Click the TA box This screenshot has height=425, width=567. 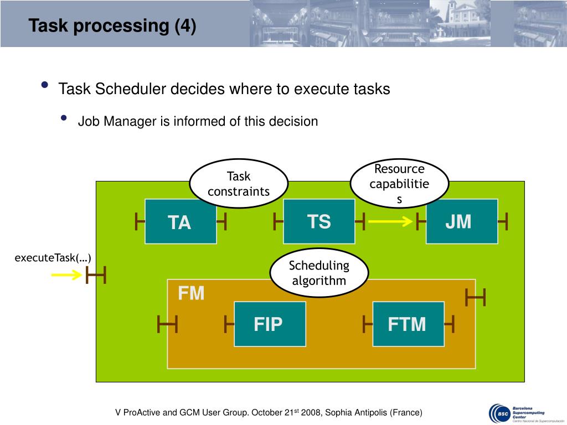click(181, 221)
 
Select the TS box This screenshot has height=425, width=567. click(319, 221)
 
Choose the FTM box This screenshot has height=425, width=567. click(408, 324)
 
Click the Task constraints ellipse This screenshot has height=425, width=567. click(239, 184)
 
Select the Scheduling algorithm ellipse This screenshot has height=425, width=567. click(319, 273)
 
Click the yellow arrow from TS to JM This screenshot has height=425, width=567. click(390, 222)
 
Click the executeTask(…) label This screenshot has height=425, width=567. click(53, 258)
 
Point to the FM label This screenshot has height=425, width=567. click(191, 293)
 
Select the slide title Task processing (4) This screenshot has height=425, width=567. click(112, 26)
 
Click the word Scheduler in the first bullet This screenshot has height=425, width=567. click(132, 89)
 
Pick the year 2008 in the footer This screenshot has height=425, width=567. click(310, 413)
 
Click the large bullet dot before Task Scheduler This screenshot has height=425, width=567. click(44, 86)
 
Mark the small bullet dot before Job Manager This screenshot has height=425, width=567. click(64, 119)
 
